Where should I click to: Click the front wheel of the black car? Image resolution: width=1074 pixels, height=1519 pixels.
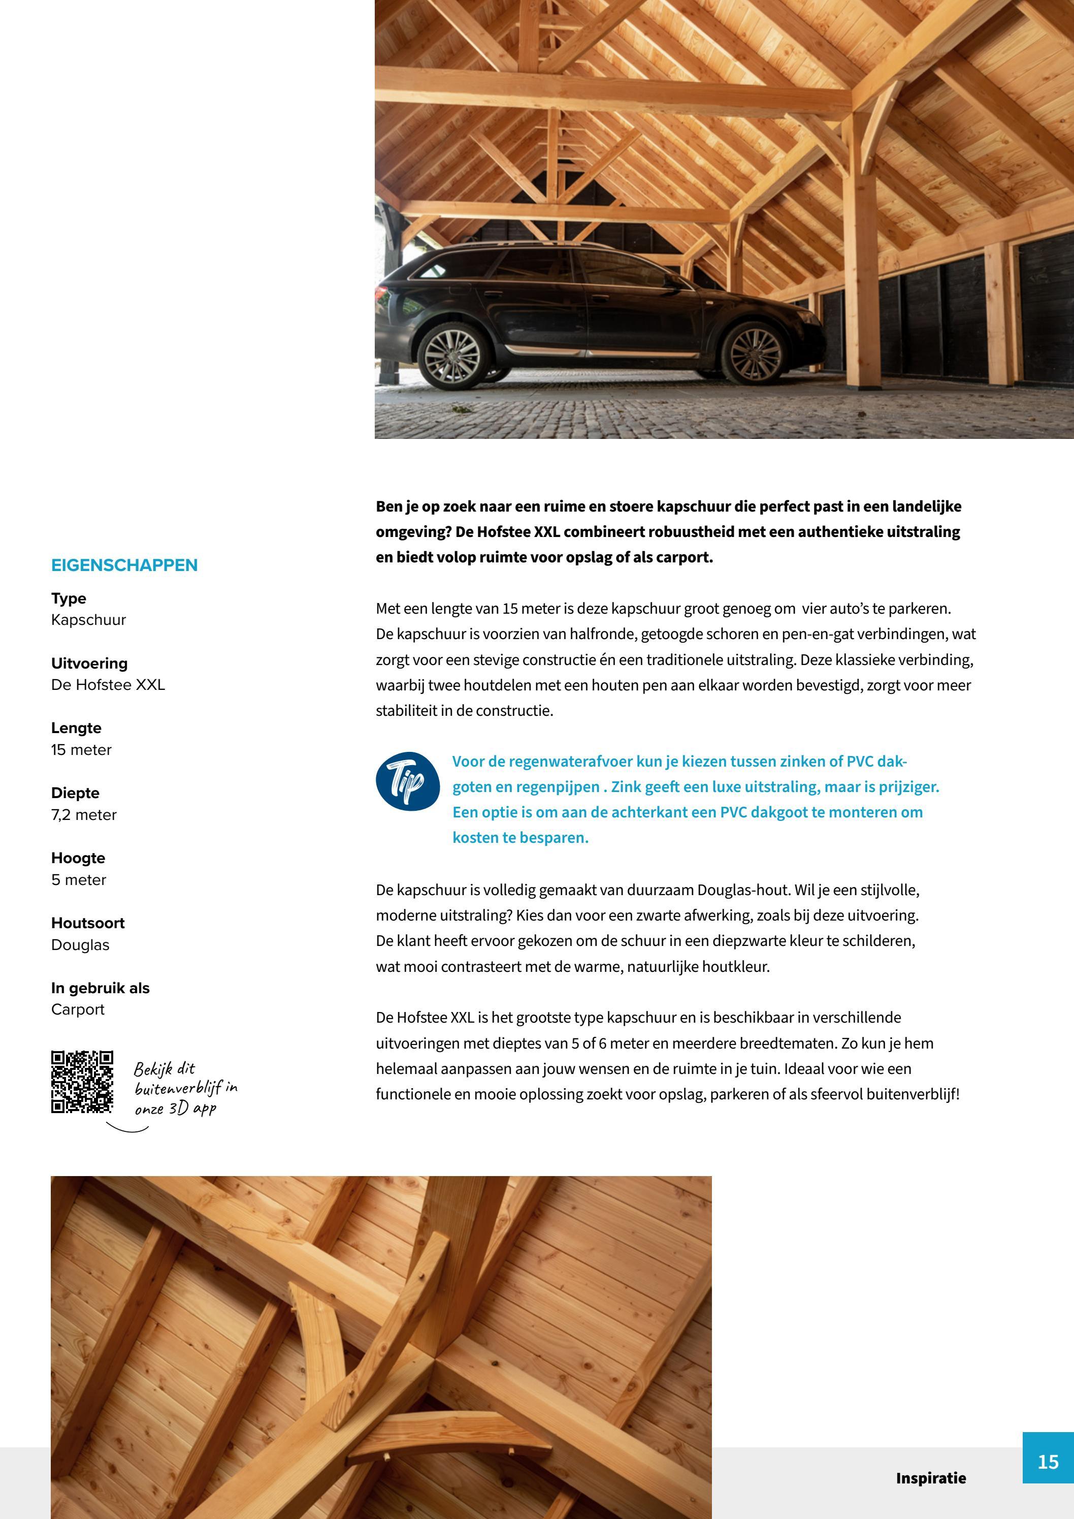[753, 352]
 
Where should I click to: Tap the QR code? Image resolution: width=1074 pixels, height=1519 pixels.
[82, 1082]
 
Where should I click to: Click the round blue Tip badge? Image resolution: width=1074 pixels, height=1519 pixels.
[407, 781]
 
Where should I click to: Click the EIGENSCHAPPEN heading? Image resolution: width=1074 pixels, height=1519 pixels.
[124, 565]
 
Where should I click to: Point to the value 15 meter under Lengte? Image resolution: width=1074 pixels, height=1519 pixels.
[81, 749]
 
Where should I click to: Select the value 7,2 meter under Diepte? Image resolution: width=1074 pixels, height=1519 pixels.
[84, 814]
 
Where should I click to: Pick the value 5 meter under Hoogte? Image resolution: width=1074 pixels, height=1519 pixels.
[79, 879]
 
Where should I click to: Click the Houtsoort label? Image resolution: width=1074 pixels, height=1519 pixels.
[88, 923]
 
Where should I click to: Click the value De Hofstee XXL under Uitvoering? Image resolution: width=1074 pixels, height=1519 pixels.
[108, 685]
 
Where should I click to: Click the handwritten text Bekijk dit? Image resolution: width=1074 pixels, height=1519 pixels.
[164, 1068]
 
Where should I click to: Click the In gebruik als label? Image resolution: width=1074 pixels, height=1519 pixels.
[101, 988]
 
